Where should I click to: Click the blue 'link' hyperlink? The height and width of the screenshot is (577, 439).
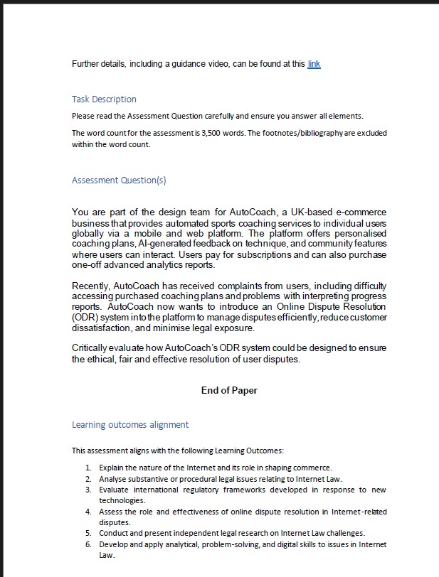[314, 64]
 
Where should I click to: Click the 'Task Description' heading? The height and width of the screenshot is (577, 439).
[104, 99]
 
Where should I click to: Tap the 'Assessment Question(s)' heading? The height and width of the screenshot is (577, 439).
[119, 180]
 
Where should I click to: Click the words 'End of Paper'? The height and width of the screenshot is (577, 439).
[229, 390]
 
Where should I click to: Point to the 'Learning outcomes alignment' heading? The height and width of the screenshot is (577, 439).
[130, 424]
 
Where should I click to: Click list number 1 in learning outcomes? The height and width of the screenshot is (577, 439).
[88, 468]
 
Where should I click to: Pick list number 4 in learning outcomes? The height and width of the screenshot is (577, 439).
[88, 512]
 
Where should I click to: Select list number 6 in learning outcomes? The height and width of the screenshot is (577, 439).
[88, 544]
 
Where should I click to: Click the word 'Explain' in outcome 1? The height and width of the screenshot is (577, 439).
[112, 468]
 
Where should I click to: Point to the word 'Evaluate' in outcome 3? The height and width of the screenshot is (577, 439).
[115, 490]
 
